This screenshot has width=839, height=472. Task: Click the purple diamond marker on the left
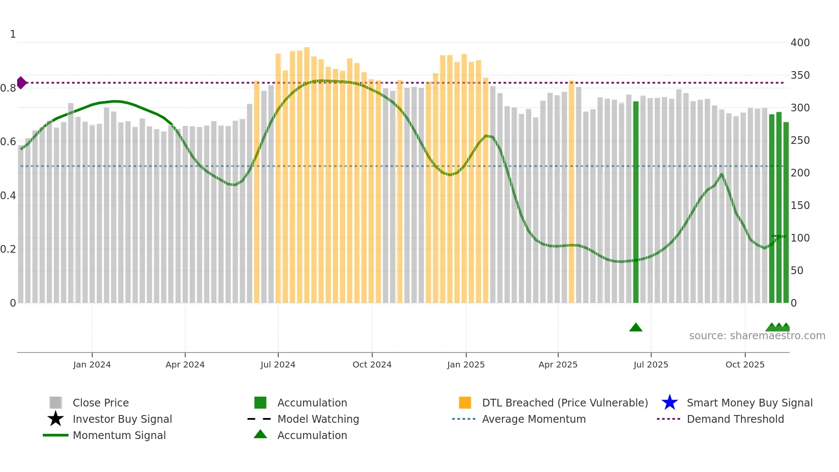[21, 83]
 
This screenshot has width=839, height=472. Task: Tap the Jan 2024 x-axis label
[92, 364]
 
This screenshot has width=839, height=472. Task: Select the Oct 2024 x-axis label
[372, 364]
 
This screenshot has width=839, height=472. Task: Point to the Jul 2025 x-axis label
[651, 364]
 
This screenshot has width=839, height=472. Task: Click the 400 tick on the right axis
[800, 43]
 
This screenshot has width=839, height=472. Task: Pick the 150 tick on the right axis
[800, 206]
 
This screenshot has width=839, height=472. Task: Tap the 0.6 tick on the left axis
[8, 142]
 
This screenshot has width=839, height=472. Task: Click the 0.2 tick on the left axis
[8, 249]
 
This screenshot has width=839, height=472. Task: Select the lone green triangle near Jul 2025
[636, 328]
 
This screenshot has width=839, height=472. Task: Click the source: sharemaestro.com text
[757, 336]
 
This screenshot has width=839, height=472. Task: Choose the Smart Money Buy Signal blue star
[669, 403]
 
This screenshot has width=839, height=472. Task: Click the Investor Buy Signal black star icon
[56, 419]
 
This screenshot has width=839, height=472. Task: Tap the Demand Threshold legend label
[735, 419]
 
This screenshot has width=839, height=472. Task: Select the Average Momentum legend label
[534, 419]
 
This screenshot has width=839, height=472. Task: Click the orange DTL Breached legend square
[465, 403]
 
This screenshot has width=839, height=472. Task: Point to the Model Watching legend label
[318, 419]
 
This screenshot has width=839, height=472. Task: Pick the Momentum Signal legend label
[119, 435]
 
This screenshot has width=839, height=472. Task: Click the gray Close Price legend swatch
[56, 403]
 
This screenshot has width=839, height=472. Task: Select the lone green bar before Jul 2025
[636, 201]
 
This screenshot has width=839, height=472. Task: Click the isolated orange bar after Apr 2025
[571, 193]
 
